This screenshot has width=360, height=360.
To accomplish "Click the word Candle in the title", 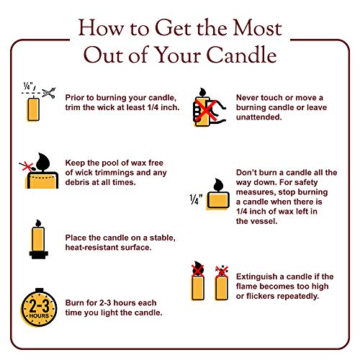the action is (x=241, y=55).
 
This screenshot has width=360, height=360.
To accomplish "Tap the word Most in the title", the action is (x=258, y=28).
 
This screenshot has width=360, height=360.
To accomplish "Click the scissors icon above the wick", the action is (x=49, y=93).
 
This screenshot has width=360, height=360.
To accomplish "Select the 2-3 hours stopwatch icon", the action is (x=39, y=307).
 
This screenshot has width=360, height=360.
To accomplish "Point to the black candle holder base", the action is (x=39, y=255).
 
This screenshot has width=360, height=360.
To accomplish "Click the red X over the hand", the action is (x=206, y=111).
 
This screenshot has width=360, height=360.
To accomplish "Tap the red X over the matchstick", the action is (x=27, y=166).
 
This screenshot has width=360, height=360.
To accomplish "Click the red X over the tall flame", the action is (x=198, y=271).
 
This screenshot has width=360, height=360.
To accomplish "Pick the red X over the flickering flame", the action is (x=222, y=272).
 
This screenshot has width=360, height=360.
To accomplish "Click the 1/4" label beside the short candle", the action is (x=196, y=199).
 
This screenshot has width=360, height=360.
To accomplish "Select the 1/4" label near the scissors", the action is (x=28, y=86).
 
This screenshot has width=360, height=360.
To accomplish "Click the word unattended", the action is (x=258, y=117).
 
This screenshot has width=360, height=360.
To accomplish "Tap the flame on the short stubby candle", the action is (x=218, y=185).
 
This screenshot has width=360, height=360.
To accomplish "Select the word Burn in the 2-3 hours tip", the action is (x=74, y=303).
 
